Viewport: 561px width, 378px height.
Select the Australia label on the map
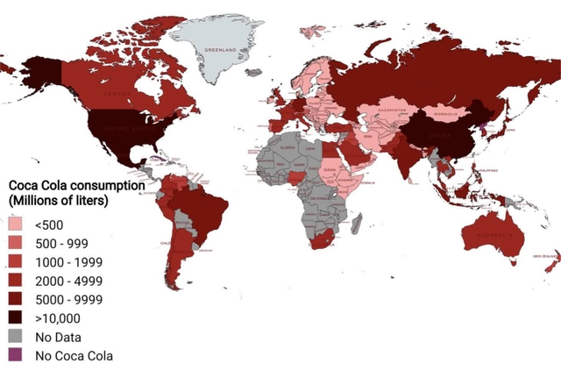pos(495,233)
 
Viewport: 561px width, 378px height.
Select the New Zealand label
pos(543,255)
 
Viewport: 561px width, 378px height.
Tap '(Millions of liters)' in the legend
pos(58,202)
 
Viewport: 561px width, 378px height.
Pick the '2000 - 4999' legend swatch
pos(18,282)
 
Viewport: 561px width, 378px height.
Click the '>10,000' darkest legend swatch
pos(18,318)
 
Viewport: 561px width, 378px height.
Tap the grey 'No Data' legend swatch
pos(18,337)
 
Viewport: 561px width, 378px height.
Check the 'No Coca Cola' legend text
pos(74,355)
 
